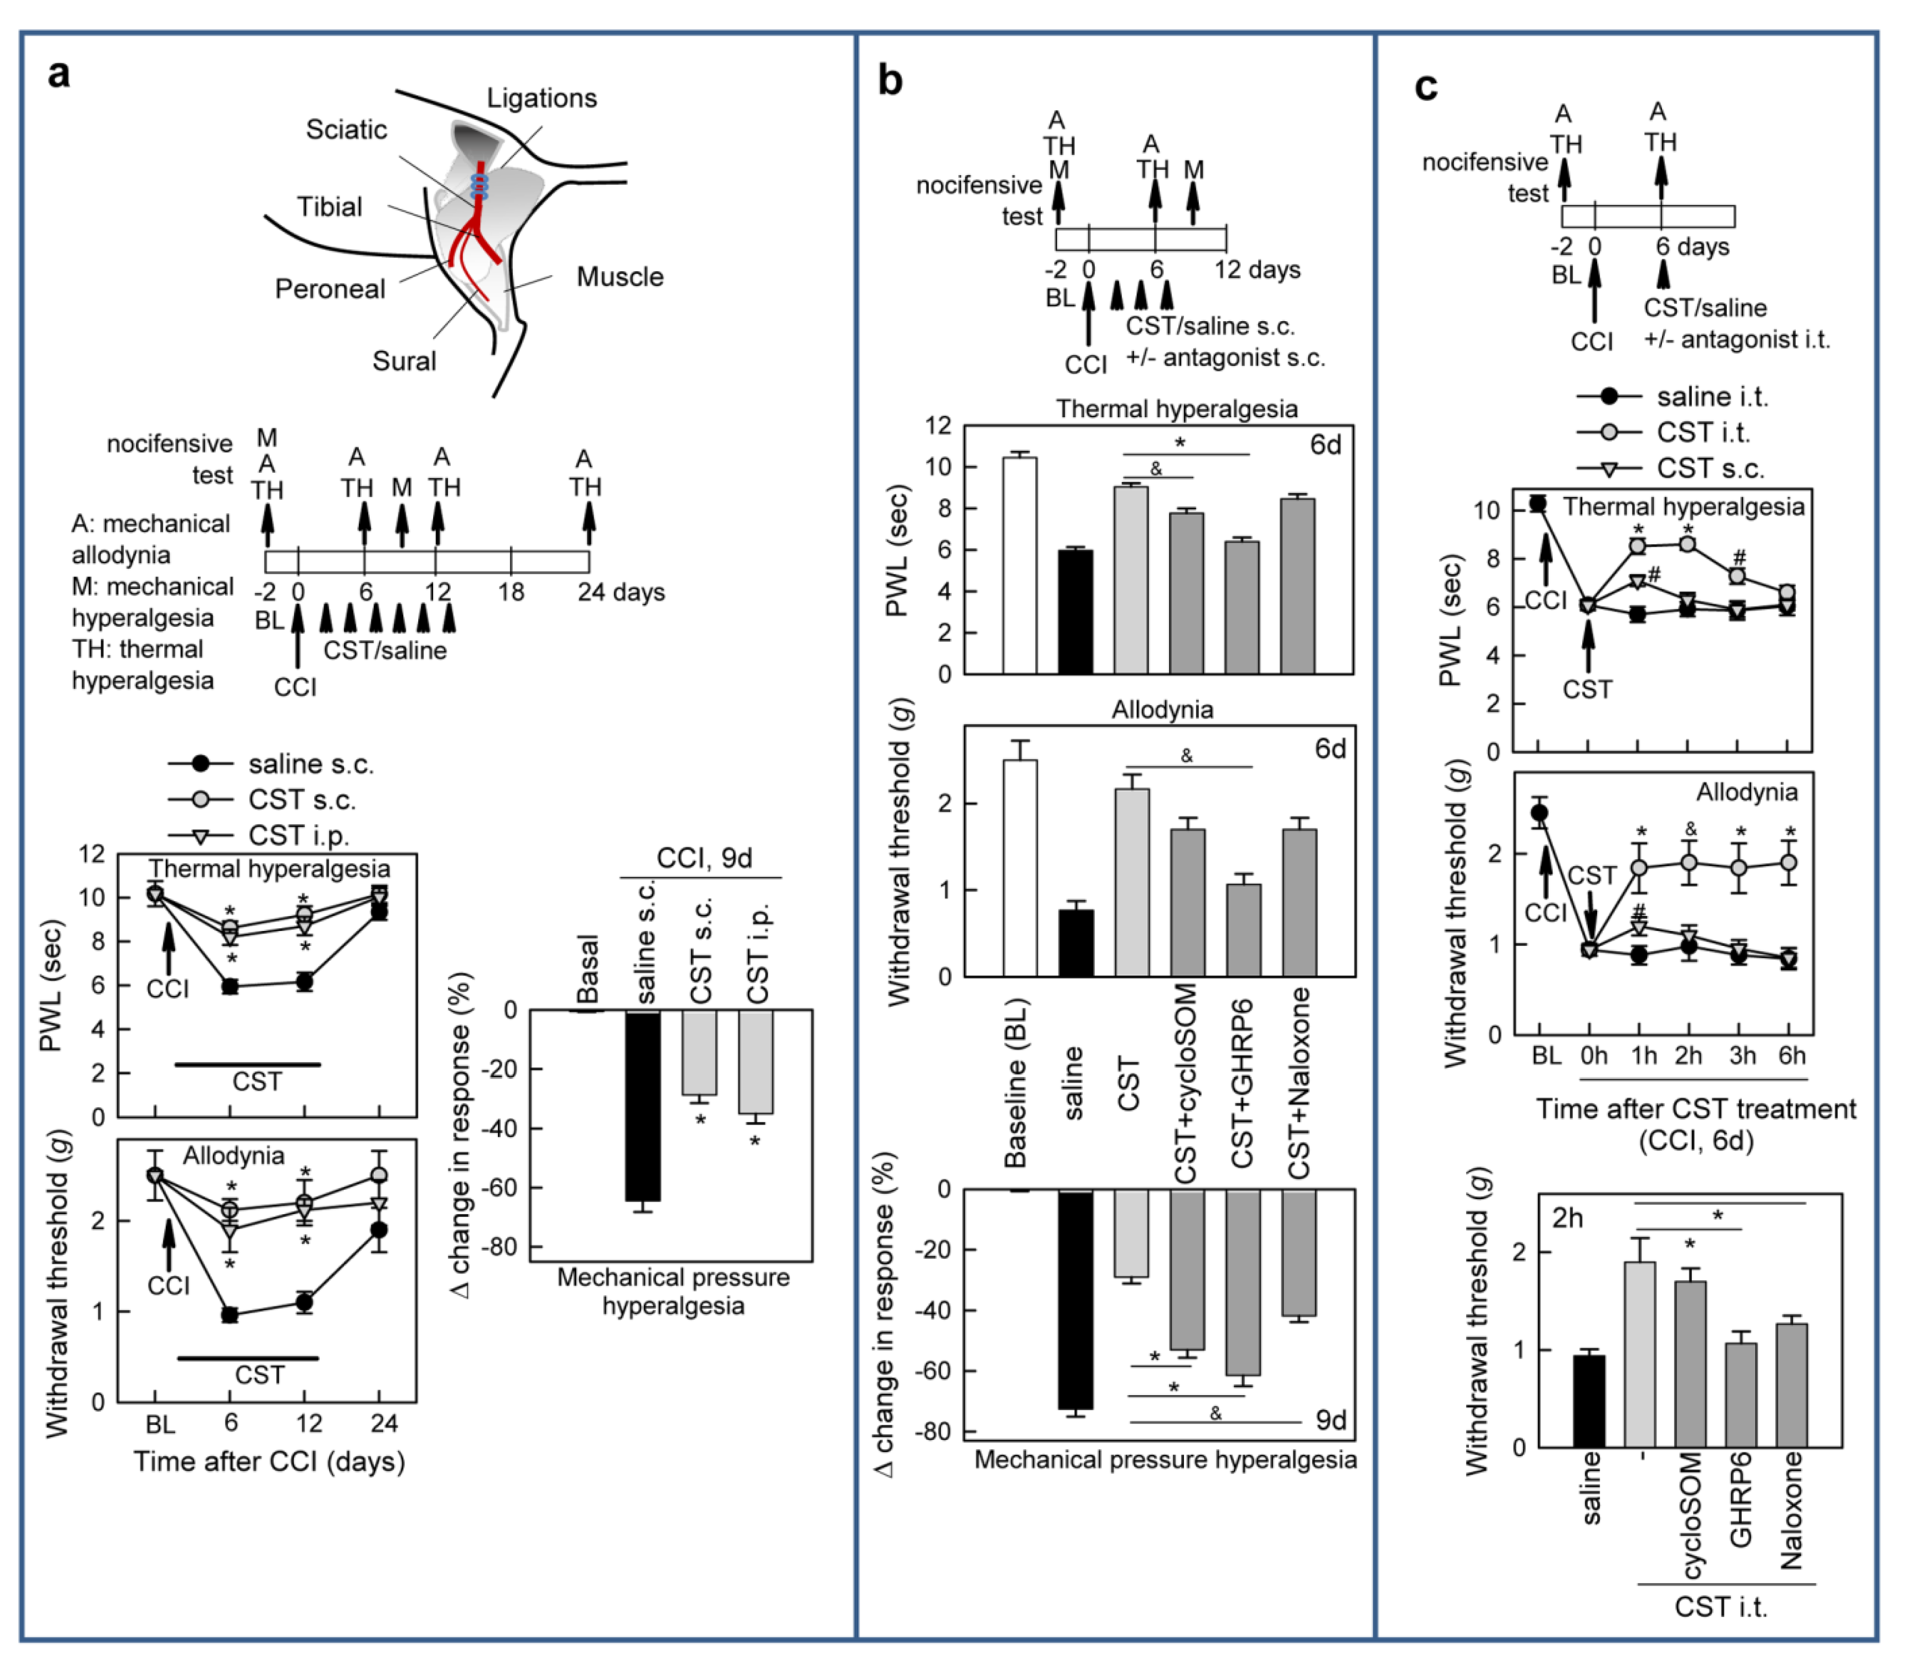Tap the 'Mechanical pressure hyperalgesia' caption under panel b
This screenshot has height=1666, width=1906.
[1165, 1460]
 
